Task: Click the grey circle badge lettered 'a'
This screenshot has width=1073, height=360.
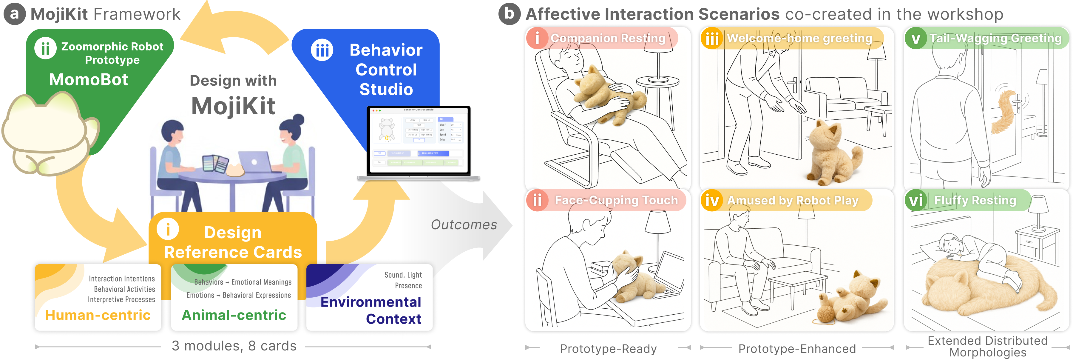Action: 14,14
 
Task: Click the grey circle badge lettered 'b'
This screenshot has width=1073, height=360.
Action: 509,14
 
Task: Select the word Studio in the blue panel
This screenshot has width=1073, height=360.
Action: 386,90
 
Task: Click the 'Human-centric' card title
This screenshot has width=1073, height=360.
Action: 98,315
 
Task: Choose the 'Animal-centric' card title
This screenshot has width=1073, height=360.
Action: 234,315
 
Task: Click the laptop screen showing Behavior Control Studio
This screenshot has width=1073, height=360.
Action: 418,140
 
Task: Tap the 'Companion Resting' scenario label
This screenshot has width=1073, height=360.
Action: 608,38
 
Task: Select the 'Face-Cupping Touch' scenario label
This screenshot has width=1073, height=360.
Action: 616,200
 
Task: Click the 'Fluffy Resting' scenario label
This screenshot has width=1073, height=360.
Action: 975,200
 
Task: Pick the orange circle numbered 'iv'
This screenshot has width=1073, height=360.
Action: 712,201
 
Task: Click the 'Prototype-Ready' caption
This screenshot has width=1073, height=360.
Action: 608,349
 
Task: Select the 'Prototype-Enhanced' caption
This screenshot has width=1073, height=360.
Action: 797,349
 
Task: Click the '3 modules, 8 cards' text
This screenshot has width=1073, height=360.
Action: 234,346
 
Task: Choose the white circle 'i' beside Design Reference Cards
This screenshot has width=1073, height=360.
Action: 168,229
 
